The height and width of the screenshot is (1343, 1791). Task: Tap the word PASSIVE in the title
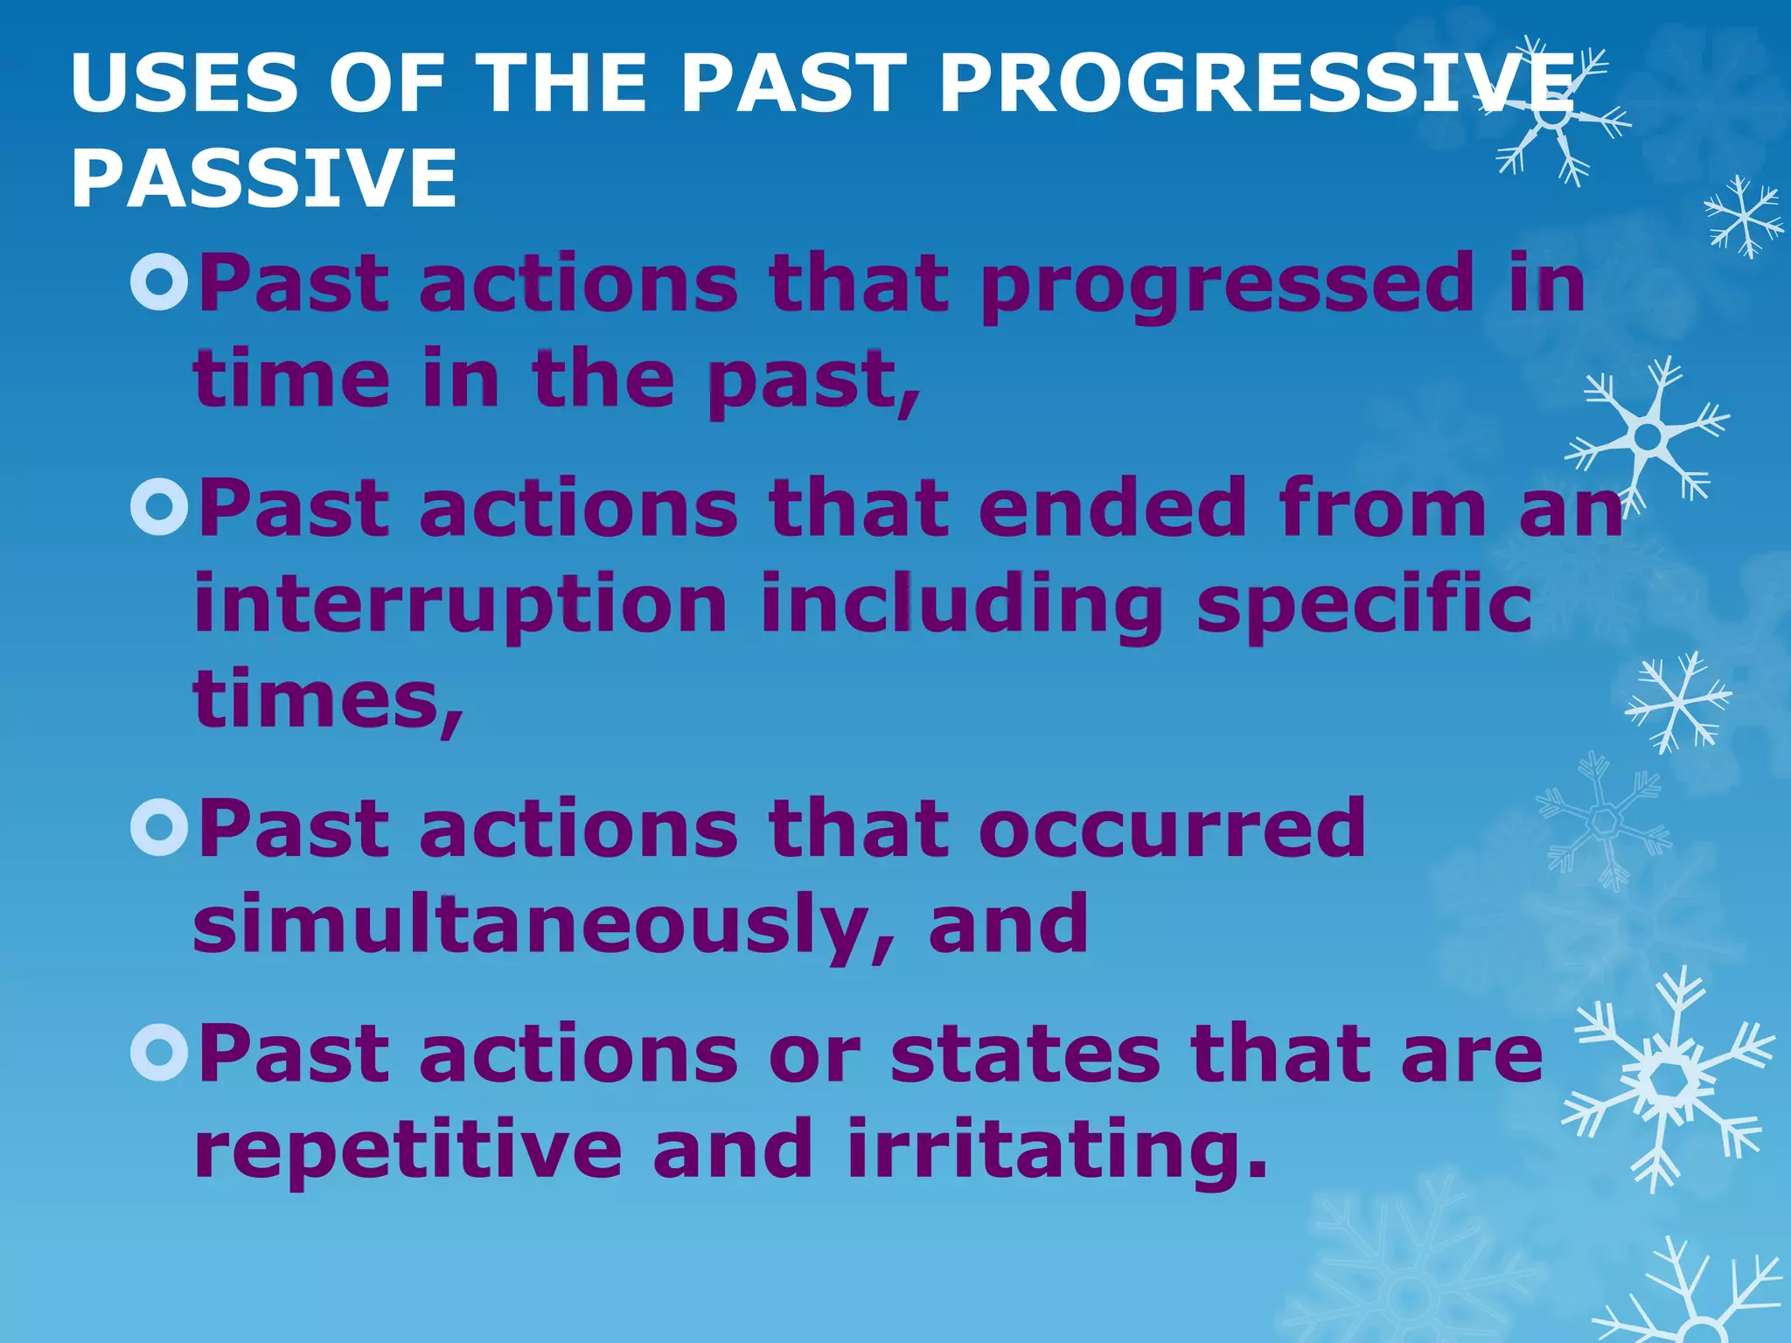(263, 177)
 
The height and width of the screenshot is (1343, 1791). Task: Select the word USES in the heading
(185, 83)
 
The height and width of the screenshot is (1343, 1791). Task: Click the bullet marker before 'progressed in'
(159, 281)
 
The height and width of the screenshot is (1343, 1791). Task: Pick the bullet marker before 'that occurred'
(159, 826)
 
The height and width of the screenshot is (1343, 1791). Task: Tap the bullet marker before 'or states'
(159, 1051)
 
